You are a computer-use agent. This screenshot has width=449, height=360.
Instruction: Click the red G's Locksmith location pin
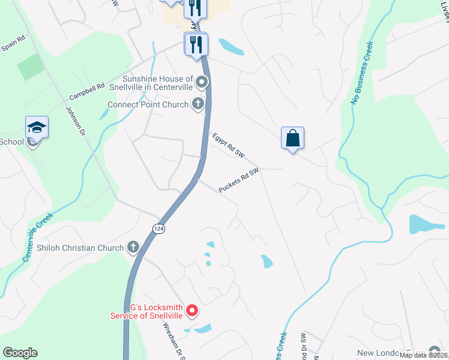pos(192,310)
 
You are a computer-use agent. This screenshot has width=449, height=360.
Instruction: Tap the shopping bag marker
pos(292,138)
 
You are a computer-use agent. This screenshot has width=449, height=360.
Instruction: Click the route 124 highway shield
pos(158,229)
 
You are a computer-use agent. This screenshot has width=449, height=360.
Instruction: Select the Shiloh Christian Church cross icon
pos(133,247)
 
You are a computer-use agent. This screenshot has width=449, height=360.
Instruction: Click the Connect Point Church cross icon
pos(197,104)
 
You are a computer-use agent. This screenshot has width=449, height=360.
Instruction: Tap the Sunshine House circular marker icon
pos(202,82)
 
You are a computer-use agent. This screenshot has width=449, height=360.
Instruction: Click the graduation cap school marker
pos(37,127)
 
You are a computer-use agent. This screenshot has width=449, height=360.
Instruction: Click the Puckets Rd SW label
pos(238,180)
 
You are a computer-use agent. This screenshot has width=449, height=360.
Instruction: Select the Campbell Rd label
pos(86,92)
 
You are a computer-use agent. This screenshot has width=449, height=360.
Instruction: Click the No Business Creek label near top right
pos(362,74)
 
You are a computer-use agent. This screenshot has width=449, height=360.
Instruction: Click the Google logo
pos(20,353)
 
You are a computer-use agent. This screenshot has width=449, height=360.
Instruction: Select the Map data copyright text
pos(423,355)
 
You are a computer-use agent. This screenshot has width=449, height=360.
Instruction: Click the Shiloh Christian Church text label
pos(72,248)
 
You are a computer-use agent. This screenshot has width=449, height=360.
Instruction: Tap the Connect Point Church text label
pos(148,104)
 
